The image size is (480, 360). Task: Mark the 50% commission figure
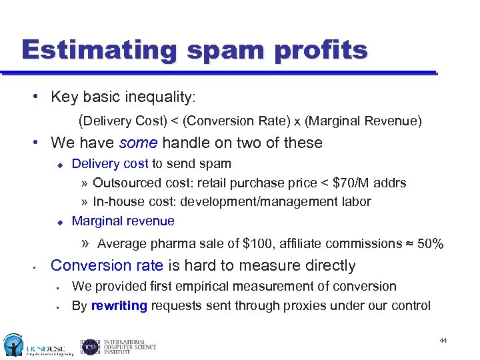[x=430, y=243]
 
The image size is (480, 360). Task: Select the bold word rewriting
[x=119, y=306]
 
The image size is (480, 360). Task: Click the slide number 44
[x=443, y=340]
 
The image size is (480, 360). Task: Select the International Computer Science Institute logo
[x=118, y=347]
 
